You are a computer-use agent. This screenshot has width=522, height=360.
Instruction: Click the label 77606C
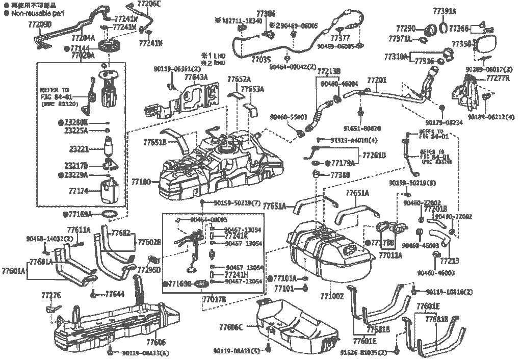(231, 326)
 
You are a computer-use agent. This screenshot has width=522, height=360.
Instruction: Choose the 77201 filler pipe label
(377, 81)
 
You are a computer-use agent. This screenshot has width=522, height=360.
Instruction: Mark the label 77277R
(498, 78)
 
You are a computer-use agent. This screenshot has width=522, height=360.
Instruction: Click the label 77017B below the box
(214, 299)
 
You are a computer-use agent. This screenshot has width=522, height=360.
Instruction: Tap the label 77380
(340, 174)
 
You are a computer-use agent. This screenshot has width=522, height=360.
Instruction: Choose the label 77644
(115, 294)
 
